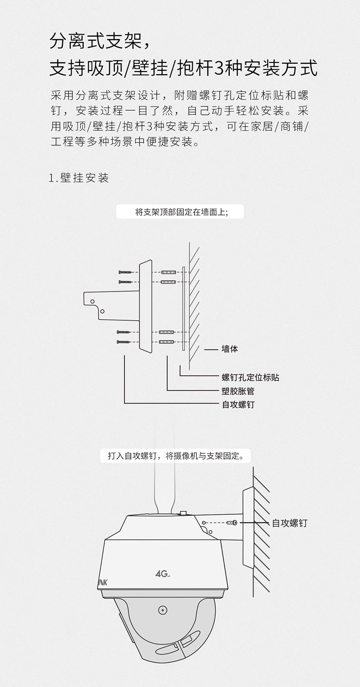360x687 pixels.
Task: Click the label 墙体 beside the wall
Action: click(230, 349)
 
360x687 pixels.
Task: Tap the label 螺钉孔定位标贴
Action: click(251, 377)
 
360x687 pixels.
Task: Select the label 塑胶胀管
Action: click(238, 391)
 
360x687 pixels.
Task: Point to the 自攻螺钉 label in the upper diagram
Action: click(238, 405)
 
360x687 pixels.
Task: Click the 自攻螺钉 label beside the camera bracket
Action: click(289, 523)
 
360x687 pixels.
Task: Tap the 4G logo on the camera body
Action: click(162, 574)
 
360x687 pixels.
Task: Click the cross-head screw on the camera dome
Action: click(163, 610)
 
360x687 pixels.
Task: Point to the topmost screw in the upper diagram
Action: click(125, 272)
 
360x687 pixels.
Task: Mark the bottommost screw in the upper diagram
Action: click(124, 342)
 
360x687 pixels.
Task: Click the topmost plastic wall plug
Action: click(169, 272)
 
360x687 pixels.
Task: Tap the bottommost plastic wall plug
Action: click(167, 342)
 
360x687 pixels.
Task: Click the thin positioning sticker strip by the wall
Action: click(184, 308)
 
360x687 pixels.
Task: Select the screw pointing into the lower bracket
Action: click(232, 522)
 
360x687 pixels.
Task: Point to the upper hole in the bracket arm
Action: click(93, 302)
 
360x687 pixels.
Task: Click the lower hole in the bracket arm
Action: click(102, 311)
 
